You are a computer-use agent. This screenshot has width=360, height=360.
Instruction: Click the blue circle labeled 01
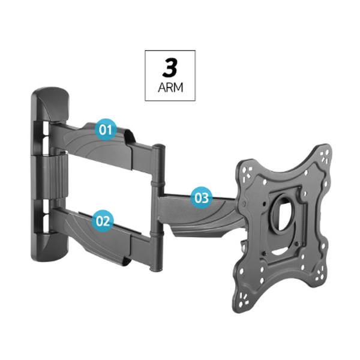[x=106, y=130]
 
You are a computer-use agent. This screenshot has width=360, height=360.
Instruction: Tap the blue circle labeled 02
[x=103, y=221]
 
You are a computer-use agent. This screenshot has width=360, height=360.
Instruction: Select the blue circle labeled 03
[x=202, y=197]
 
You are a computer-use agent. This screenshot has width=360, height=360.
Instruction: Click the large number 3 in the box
[x=170, y=67]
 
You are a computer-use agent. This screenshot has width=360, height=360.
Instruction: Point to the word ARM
[x=170, y=88]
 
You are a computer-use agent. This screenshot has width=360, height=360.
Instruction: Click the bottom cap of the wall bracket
[x=50, y=247]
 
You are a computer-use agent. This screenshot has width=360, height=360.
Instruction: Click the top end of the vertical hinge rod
[x=159, y=146]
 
